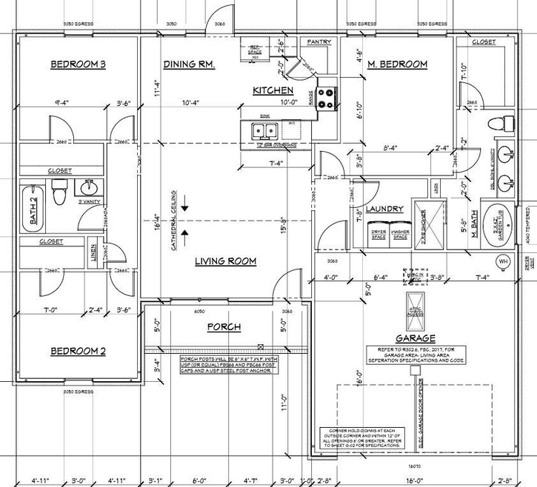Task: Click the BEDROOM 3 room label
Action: (78, 65)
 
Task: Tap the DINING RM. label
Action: (189, 65)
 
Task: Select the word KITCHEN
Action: (274, 90)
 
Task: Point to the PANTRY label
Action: (318, 43)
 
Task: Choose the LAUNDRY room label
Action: (384, 209)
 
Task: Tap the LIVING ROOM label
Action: (225, 261)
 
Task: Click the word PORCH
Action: (224, 326)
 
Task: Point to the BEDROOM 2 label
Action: (78, 351)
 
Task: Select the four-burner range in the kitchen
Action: (327, 98)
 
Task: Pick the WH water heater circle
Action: (503, 261)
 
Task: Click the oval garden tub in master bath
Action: (501, 220)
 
